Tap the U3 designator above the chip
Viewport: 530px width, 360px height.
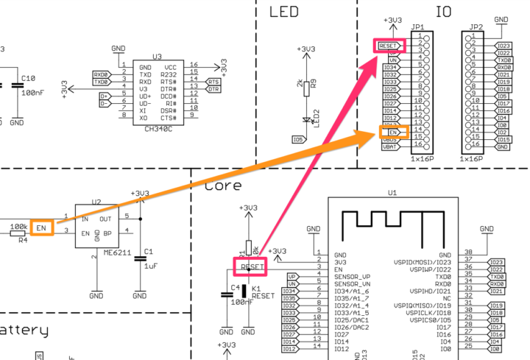point(157,56)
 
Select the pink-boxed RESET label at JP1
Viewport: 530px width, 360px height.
point(389,46)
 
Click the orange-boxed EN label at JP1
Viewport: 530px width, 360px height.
point(390,132)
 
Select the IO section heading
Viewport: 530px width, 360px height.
point(444,12)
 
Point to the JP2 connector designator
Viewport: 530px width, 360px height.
point(476,27)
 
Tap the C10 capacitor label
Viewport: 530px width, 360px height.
point(29,78)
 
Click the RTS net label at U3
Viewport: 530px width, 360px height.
point(213,82)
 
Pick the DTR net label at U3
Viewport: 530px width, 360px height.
point(213,89)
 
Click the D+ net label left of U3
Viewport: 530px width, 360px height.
point(104,96)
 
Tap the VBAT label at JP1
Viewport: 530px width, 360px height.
point(390,147)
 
